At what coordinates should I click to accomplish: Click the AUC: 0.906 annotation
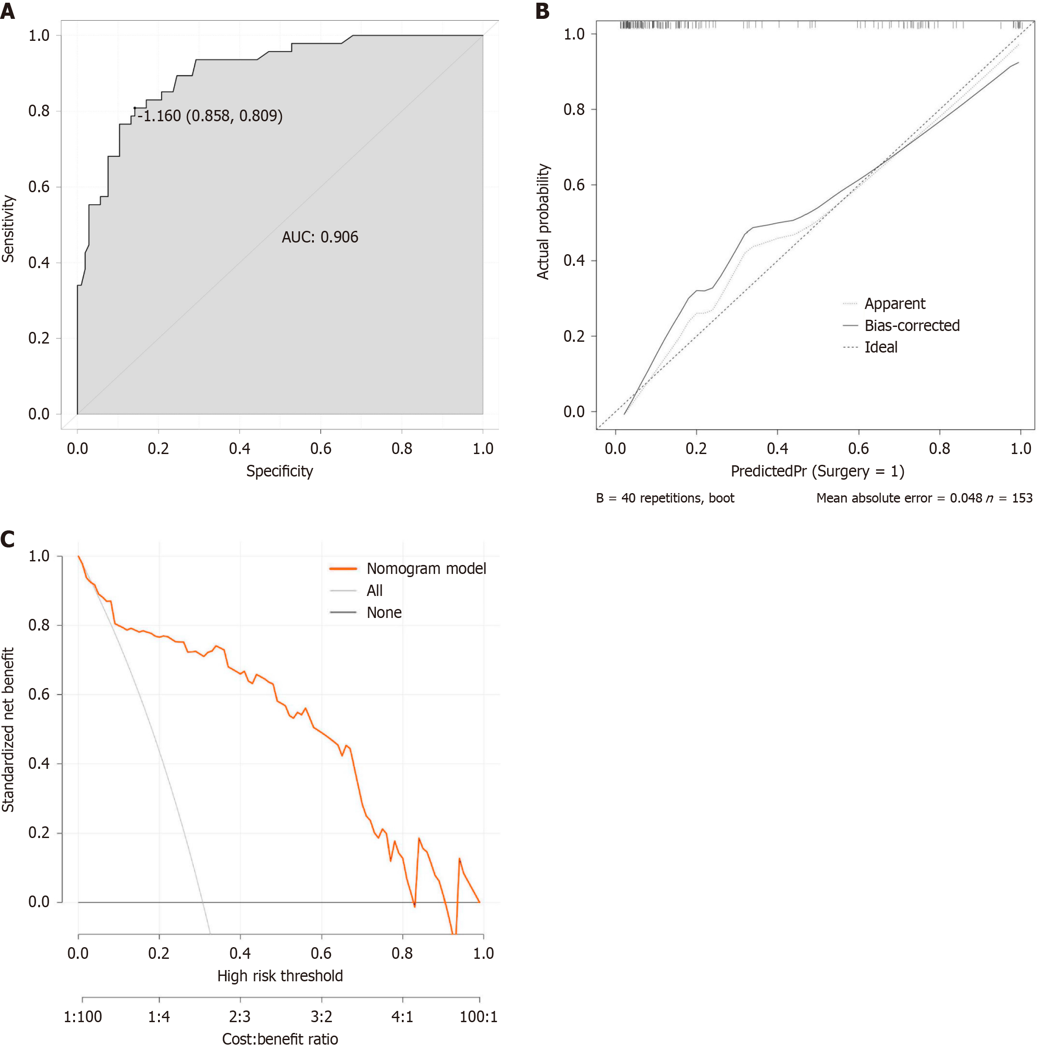(x=320, y=237)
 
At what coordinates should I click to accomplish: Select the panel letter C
(x=8, y=539)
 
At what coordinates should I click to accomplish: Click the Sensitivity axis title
(x=8, y=229)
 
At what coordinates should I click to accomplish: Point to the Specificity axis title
(x=279, y=471)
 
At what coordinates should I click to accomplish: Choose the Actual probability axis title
(x=543, y=222)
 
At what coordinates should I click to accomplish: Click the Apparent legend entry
(x=894, y=303)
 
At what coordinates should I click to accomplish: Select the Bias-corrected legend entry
(x=911, y=326)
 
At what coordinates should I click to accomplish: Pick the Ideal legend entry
(x=881, y=347)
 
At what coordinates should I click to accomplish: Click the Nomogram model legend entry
(x=426, y=569)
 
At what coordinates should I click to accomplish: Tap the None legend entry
(x=383, y=613)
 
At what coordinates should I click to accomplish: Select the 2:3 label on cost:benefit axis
(x=240, y=1016)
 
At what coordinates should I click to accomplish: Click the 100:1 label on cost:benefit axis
(x=478, y=1016)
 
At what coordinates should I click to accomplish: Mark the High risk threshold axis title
(x=280, y=975)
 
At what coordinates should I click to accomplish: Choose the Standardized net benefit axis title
(x=8, y=730)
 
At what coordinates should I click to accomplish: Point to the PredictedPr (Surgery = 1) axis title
(x=817, y=471)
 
